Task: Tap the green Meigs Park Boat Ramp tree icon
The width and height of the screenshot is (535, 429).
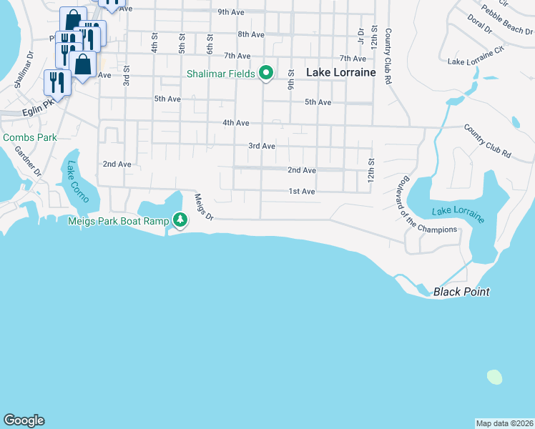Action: (181, 221)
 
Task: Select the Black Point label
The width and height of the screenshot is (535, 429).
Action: (461, 292)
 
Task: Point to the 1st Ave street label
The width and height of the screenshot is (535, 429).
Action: (302, 192)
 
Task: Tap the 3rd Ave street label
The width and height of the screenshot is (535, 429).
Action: (262, 146)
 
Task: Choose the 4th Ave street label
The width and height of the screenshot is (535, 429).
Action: (235, 123)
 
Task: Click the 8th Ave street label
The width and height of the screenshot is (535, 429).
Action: (251, 34)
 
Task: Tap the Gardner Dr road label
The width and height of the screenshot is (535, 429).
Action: (29, 163)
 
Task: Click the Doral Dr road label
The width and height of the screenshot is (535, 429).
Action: (478, 24)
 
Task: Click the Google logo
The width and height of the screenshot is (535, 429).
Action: (24, 420)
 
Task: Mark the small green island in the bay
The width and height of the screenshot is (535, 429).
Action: (494, 376)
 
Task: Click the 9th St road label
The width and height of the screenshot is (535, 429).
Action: (292, 79)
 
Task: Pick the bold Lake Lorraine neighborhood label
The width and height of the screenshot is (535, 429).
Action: (341, 72)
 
